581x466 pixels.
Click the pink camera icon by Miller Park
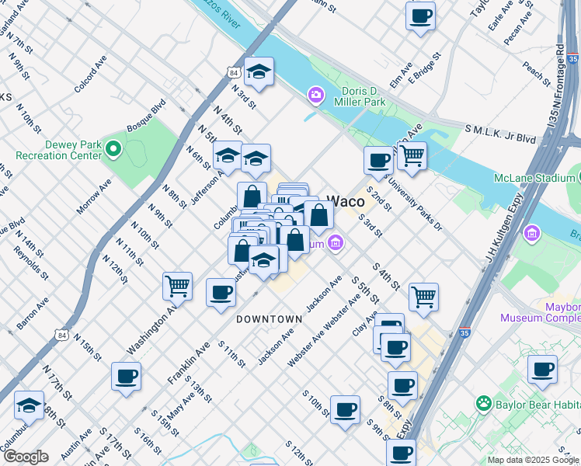(315, 95)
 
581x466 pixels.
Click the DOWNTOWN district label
(269, 319)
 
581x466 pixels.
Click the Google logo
(26, 457)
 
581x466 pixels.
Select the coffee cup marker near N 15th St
(126, 377)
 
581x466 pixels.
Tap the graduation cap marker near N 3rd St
(259, 73)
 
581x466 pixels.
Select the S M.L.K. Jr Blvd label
(500, 134)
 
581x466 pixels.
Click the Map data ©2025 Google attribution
(532, 460)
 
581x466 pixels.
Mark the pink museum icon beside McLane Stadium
(532, 232)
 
